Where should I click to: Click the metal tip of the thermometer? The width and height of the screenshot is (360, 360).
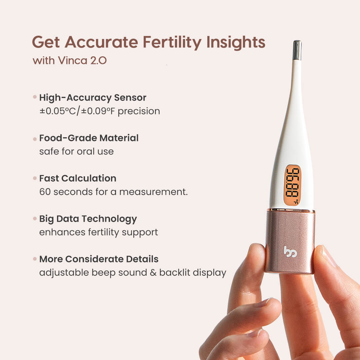(x=297, y=50)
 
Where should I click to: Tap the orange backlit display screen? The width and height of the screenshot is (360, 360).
(x=292, y=185)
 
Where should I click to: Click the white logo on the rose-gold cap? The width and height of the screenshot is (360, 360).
(x=290, y=252)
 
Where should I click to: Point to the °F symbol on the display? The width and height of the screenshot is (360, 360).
(x=296, y=202)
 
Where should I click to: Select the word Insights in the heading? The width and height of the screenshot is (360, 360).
(x=236, y=42)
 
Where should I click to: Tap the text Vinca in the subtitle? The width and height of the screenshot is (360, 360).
(x=73, y=61)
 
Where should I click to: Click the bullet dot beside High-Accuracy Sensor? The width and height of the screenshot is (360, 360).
(x=35, y=97)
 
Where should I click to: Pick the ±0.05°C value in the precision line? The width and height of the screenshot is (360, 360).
(x=58, y=111)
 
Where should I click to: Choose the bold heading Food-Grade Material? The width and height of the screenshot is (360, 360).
(x=89, y=138)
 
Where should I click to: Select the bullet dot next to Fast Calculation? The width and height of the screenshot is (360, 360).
(x=35, y=178)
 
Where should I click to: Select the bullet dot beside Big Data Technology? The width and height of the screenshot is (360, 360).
(x=35, y=219)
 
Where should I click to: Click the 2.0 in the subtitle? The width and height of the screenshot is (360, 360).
(x=98, y=61)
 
